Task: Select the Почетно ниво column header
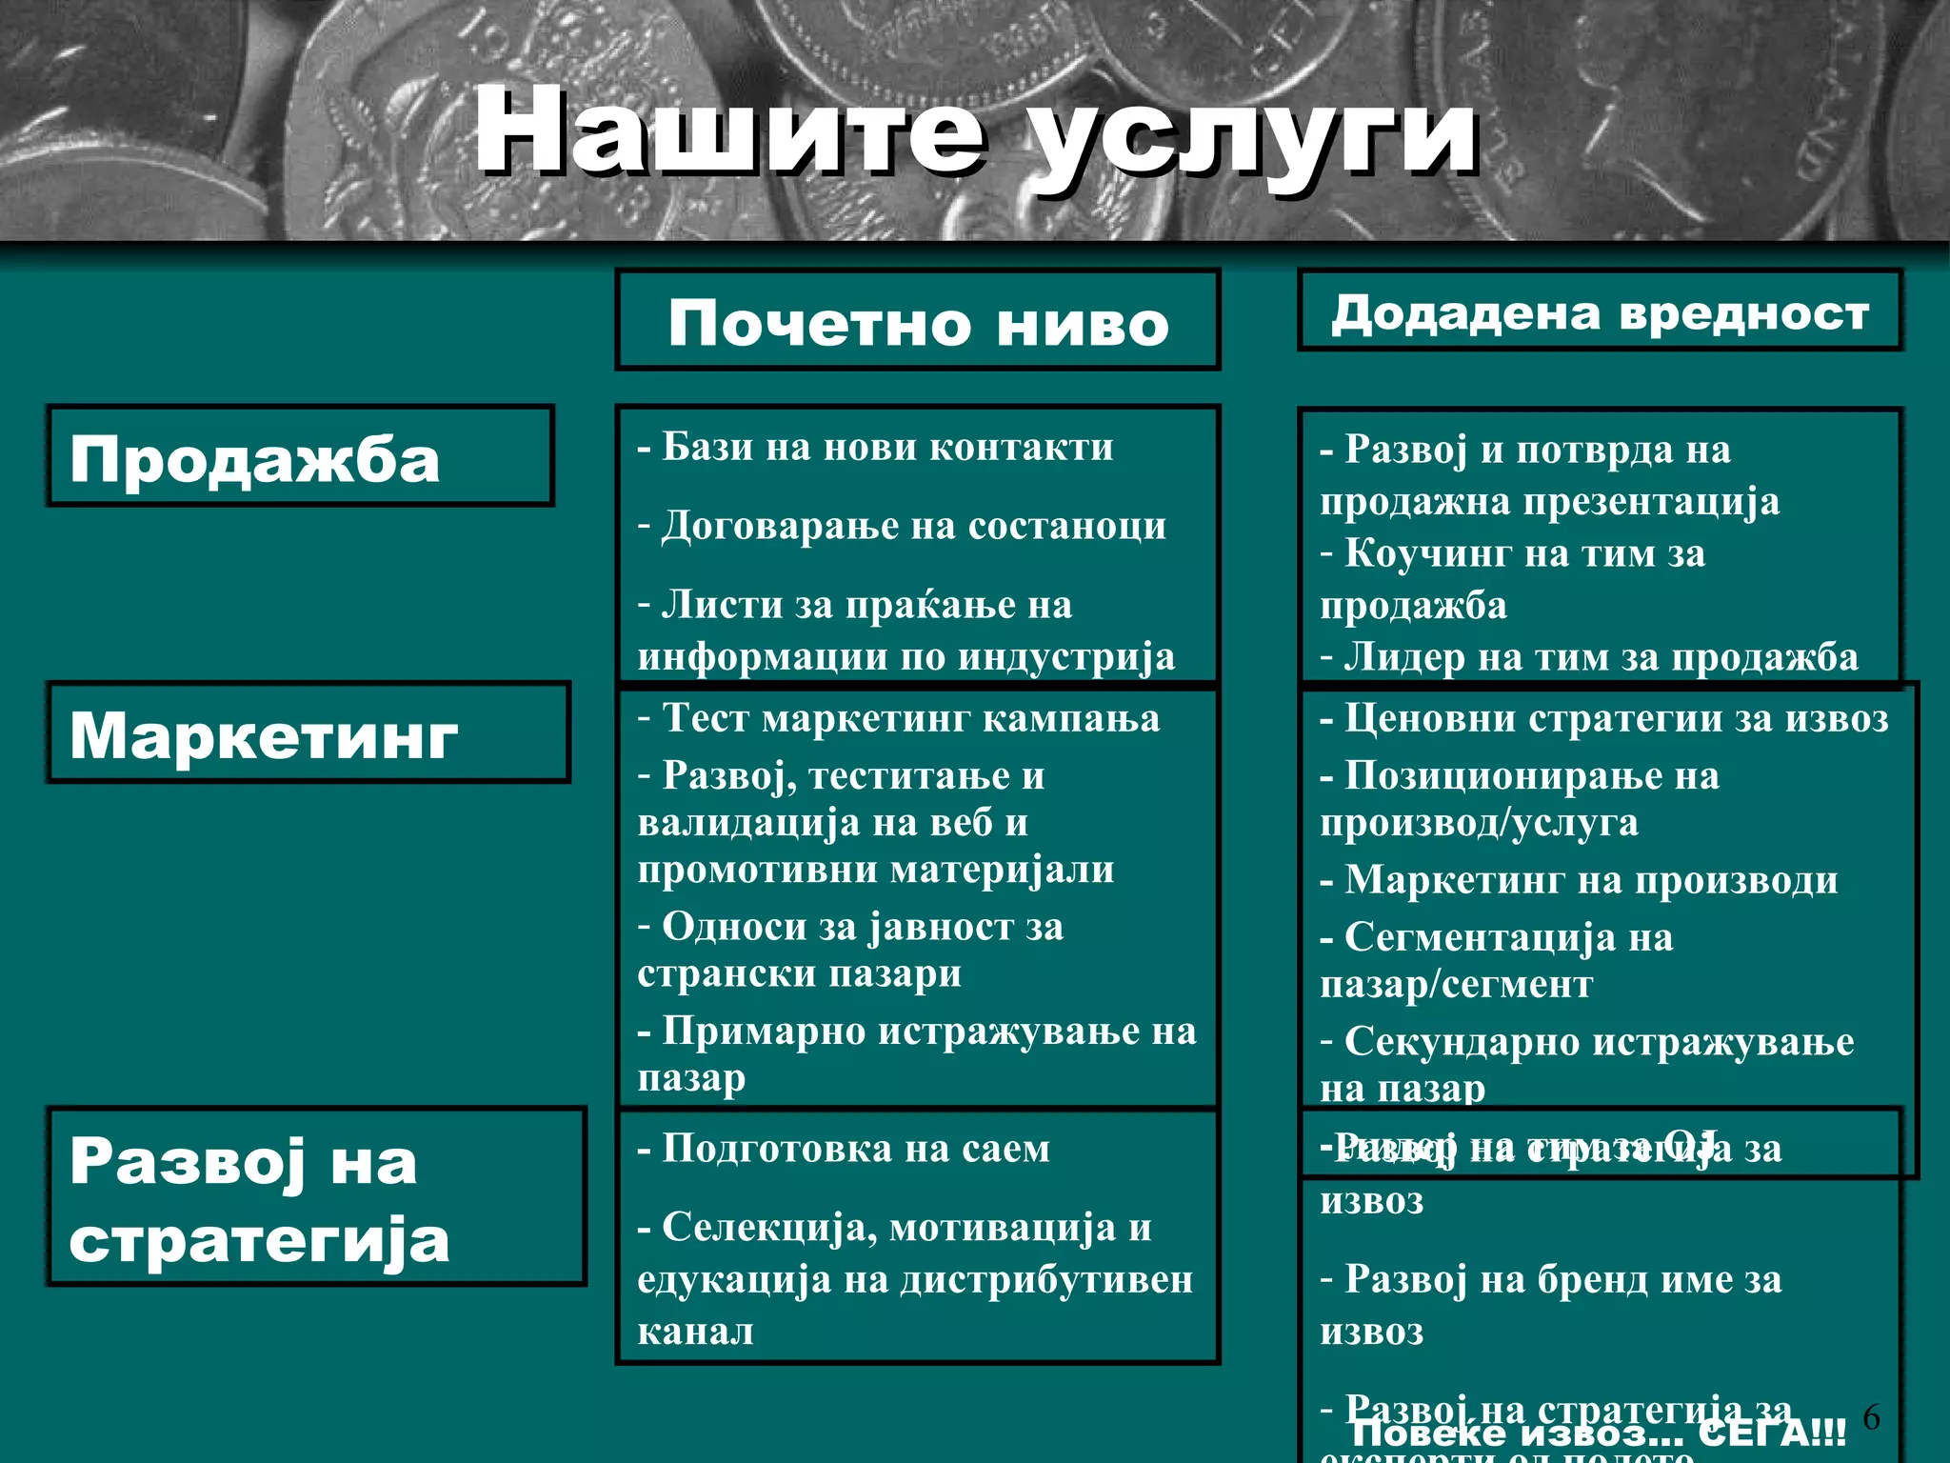pyautogui.click(x=918, y=322)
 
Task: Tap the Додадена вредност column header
pyautogui.click(x=1600, y=312)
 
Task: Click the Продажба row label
pyautogui.click(x=255, y=459)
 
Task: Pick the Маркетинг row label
pyautogui.click(x=264, y=735)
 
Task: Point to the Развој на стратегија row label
pyautogui.click(x=259, y=1200)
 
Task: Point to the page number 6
pyautogui.click(x=1871, y=1418)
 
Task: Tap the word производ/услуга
pyautogui.click(x=1479, y=822)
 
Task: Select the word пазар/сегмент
pyautogui.click(x=1456, y=984)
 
